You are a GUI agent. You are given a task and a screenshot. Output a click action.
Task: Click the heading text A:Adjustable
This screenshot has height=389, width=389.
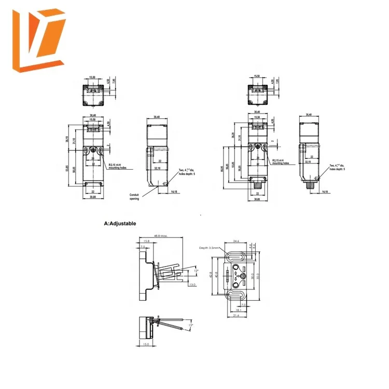[x=120, y=224]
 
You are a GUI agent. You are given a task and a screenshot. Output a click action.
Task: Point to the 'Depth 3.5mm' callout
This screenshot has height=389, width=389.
[x=210, y=248]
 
